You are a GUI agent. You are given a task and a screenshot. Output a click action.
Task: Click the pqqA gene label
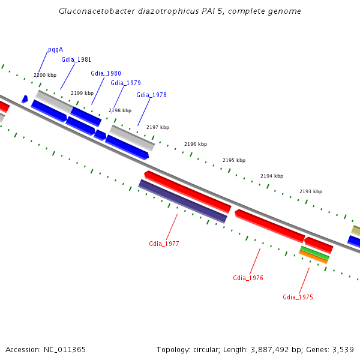coord(55,50)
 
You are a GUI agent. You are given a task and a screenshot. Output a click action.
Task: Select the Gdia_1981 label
coord(76,59)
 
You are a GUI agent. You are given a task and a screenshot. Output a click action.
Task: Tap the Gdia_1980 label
coord(106,73)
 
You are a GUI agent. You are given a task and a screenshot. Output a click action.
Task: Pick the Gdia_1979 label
coord(125,83)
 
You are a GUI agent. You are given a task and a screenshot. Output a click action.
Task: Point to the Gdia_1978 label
coord(151,95)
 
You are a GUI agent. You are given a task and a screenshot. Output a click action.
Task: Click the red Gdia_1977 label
coord(164,244)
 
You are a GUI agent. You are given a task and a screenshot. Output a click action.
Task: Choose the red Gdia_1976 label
coord(248,278)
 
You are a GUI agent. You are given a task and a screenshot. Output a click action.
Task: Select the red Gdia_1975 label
coord(298,297)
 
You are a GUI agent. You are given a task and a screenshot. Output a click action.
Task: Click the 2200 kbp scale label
coord(45,75)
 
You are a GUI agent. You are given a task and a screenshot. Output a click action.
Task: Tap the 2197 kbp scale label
coord(158,127)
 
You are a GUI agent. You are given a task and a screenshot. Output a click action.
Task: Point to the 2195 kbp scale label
coord(234,160)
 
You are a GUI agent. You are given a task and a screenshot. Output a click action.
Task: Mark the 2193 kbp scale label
coord(311,191)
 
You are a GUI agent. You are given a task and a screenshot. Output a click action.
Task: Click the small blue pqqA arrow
coord(25,98)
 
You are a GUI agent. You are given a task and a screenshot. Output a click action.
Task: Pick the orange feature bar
coord(313,257)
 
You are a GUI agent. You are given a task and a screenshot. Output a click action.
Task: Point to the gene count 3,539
coord(342,349)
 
